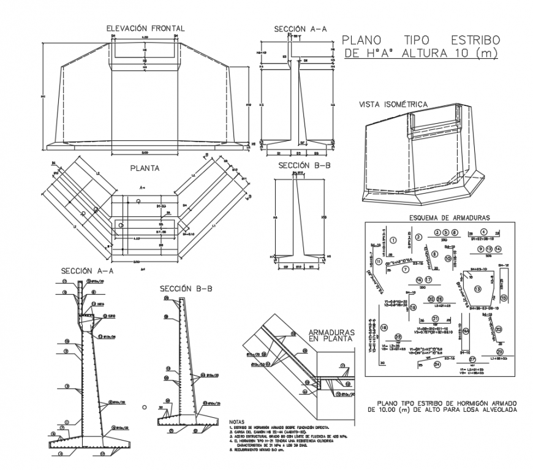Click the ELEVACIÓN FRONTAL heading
(x=145, y=28)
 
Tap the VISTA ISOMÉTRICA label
(x=393, y=105)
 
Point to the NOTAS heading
(x=236, y=422)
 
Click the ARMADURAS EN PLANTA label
(x=331, y=334)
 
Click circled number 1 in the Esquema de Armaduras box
(x=393, y=241)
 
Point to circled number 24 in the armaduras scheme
(x=437, y=364)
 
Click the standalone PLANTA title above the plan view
(x=145, y=167)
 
